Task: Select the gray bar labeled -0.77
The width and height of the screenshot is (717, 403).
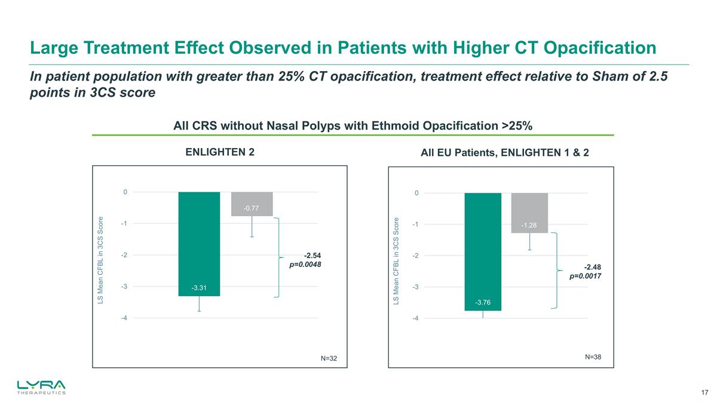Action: point(252,204)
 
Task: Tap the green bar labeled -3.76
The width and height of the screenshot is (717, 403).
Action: point(483,251)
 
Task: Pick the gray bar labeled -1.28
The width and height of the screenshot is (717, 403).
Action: point(529,213)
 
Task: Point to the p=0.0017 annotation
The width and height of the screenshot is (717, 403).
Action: point(585,276)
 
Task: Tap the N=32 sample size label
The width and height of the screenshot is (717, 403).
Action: point(329,358)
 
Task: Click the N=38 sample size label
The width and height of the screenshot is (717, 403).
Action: point(593,356)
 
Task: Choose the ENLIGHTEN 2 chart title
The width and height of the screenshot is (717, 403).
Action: point(220,152)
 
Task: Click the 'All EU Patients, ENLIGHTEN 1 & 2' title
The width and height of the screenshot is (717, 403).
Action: point(505,153)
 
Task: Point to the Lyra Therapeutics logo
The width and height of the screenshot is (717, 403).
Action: point(41,387)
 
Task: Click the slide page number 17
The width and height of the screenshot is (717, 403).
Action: point(704,392)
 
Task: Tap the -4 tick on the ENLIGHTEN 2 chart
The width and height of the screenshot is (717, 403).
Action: point(124,318)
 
